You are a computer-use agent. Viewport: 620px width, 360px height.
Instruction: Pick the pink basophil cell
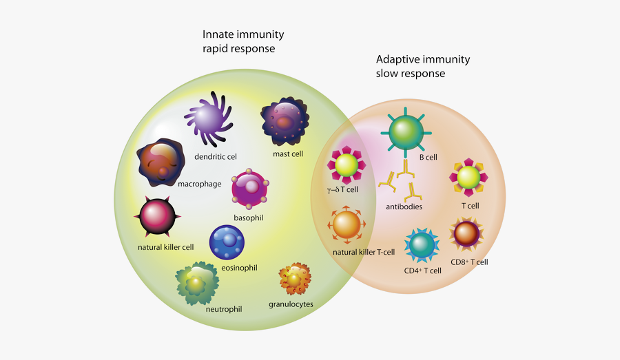tap(249, 190)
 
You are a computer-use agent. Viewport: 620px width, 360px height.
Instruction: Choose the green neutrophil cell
tap(196, 282)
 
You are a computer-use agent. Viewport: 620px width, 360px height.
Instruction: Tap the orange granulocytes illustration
tap(295, 279)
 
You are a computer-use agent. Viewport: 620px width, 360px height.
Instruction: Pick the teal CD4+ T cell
tap(422, 244)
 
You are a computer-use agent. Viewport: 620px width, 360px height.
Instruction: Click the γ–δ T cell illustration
tap(347, 165)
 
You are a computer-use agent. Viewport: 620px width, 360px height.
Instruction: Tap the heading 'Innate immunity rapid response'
tap(242, 41)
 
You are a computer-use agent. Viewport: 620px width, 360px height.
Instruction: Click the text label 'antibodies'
tap(404, 207)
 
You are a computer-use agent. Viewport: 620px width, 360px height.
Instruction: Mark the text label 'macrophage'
tap(200, 184)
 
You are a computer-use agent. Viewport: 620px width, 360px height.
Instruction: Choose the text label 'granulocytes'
tap(291, 304)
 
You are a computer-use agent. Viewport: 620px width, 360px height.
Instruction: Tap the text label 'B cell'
tap(428, 157)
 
